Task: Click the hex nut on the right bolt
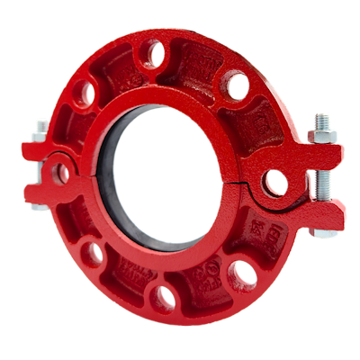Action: (x=323, y=138)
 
